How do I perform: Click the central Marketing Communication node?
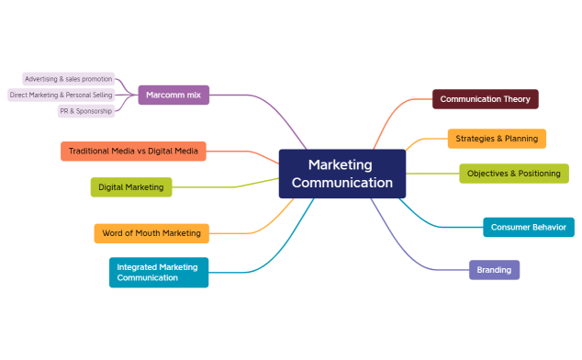341,174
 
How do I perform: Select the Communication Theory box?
485,98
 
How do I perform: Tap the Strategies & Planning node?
497,139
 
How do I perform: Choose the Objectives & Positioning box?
513,173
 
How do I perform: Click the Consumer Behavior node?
528,227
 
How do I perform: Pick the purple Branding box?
494,270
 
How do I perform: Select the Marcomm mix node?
173,94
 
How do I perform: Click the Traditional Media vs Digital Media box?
133,151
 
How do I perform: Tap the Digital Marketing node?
130,187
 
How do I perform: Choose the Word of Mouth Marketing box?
151,233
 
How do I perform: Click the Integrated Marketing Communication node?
158,272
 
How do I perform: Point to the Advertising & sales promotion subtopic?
68,79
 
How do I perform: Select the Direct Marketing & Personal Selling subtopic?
61,95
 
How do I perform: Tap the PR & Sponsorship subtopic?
85,110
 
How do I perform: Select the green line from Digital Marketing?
229,186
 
